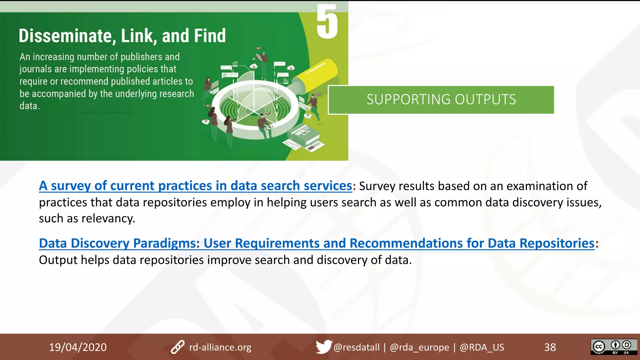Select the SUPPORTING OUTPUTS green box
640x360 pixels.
click(441, 100)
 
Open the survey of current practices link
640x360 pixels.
click(195, 186)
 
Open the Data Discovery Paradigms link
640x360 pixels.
click(316, 243)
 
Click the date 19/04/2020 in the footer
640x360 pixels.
click(78, 347)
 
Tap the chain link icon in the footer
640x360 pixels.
click(177, 347)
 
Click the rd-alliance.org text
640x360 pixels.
click(220, 347)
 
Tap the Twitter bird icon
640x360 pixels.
click(323, 347)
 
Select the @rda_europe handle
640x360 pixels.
click(419, 347)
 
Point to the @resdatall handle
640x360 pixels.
click(356, 347)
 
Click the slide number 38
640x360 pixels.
click(550, 347)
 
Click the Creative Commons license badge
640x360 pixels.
click(614, 347)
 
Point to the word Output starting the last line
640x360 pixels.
click(58, 260)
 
